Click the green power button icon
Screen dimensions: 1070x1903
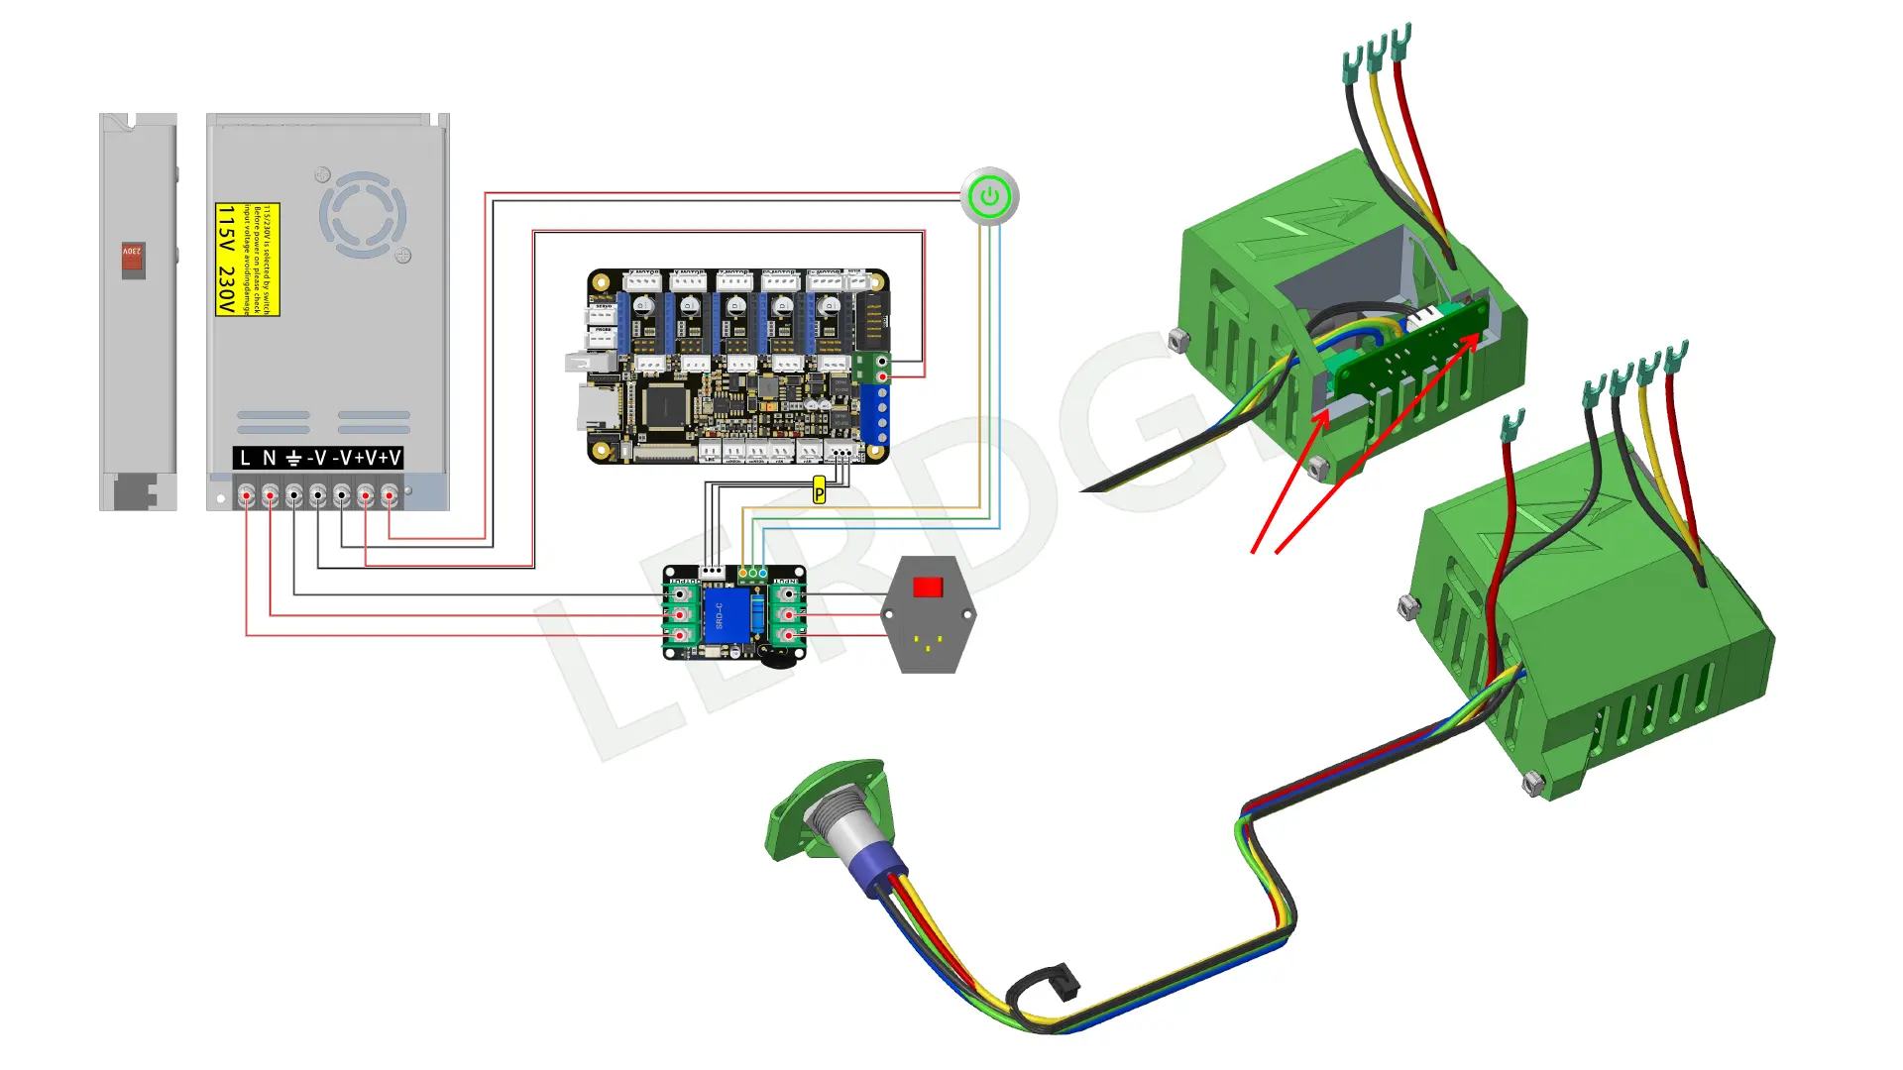pos(989,197)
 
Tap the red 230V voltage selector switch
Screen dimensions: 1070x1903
pos(133,260)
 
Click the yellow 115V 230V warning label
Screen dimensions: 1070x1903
pos(247,260)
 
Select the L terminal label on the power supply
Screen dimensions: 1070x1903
pos(246,458)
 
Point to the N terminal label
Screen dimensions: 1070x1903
pos(269,458)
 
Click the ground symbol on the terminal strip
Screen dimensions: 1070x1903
pos(293,458)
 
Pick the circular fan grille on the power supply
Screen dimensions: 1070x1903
pos(363,215)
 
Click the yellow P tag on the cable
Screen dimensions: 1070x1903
pos(819,490)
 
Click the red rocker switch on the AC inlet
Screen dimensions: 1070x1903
pos(928,588)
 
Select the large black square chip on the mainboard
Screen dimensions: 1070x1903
pos(661,406)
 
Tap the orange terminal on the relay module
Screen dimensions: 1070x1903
pos(742,573)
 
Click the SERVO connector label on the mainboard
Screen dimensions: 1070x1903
pos(604,307)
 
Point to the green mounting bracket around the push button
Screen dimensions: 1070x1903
pos(793,807)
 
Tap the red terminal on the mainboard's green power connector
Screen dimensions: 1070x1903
pos(882,376)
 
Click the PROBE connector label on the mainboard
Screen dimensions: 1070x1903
pos(604,329)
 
